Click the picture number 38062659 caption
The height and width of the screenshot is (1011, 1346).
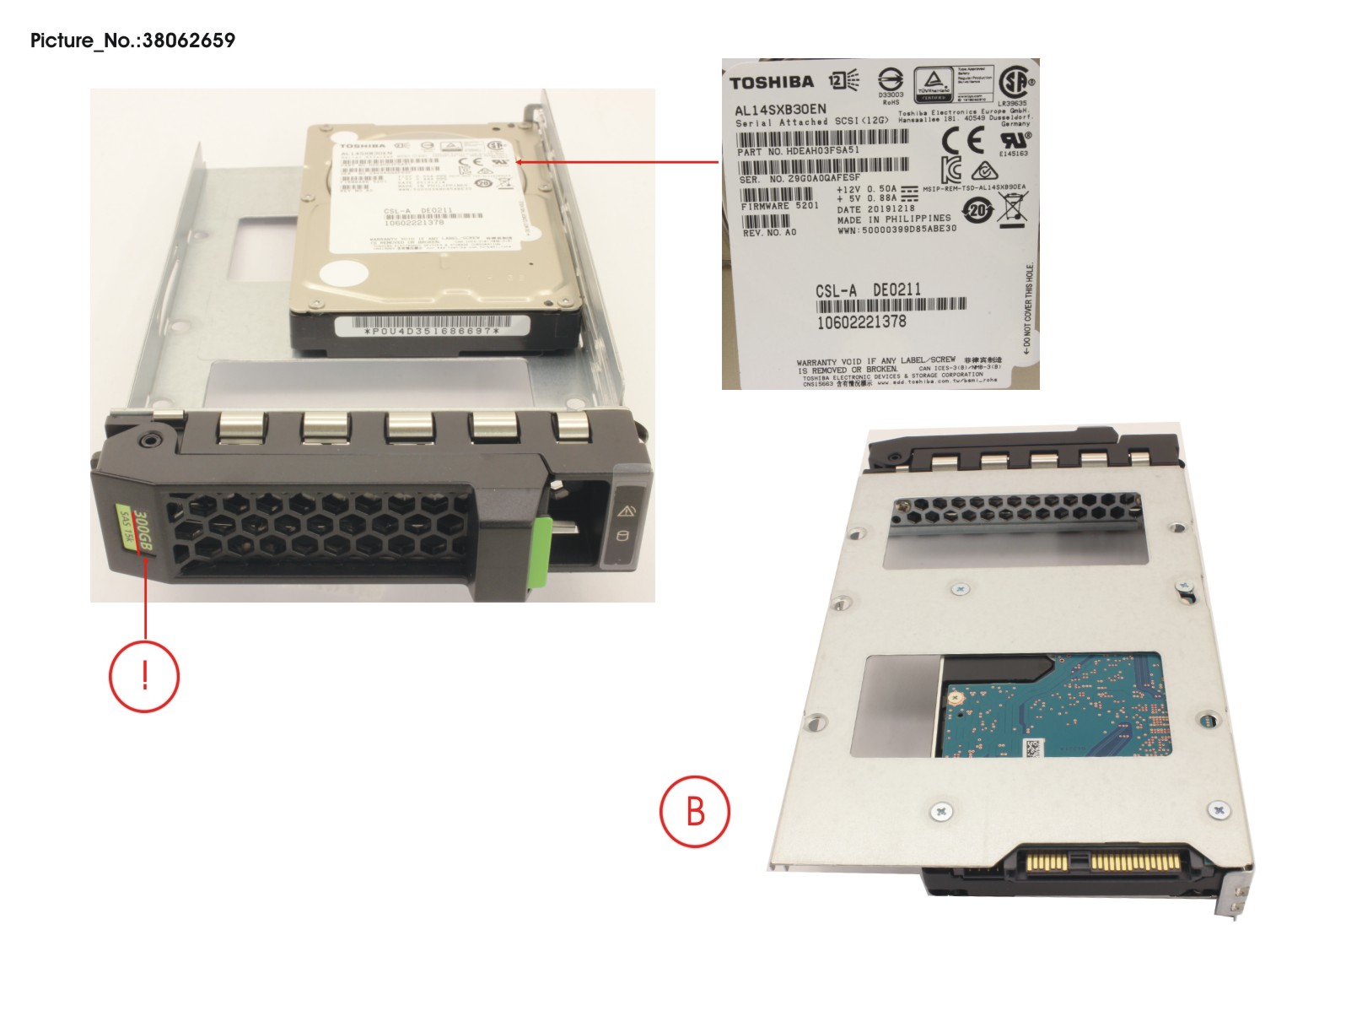(132, 40)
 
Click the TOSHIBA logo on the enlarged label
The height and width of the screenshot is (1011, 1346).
(771, 82)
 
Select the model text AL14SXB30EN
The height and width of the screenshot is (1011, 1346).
(780, 110)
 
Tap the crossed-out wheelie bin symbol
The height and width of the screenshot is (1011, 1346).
(1013, 208)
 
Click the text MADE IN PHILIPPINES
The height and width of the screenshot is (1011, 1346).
(893, 219)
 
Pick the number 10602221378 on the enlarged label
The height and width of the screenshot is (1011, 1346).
(861, 322)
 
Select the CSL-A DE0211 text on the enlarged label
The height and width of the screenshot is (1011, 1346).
(868, 290)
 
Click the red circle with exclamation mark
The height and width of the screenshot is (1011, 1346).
(144, 676)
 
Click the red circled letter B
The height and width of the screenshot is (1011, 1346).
(694, 811)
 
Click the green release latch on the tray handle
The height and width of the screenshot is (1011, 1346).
(542, 553)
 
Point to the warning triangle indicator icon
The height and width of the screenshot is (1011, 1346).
(626, 511)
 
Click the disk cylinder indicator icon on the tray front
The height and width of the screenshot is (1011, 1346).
(624, 537)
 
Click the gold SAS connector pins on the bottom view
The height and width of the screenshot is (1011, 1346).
(1105, 862)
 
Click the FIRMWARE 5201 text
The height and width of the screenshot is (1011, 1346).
(779, 206)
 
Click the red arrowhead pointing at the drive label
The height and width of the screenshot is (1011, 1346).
(518, 161)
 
